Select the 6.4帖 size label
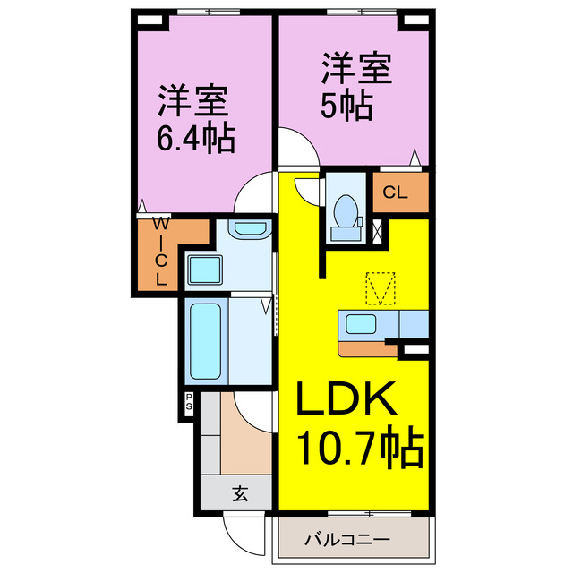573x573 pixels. (x=194, y=139)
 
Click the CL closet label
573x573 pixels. (x=397, y=192)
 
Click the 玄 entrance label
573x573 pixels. (x=241, y=492)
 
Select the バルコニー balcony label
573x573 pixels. (x=346, y=540)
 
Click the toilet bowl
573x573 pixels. (x=346, y=211)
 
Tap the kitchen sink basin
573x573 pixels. (x=362, y=325)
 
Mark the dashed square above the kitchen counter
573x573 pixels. (x=381, y=288)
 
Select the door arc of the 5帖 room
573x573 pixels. (x=295, y=147)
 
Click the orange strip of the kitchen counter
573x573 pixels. (x=363, y=345)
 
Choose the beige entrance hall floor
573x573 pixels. (x=244, y=442)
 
